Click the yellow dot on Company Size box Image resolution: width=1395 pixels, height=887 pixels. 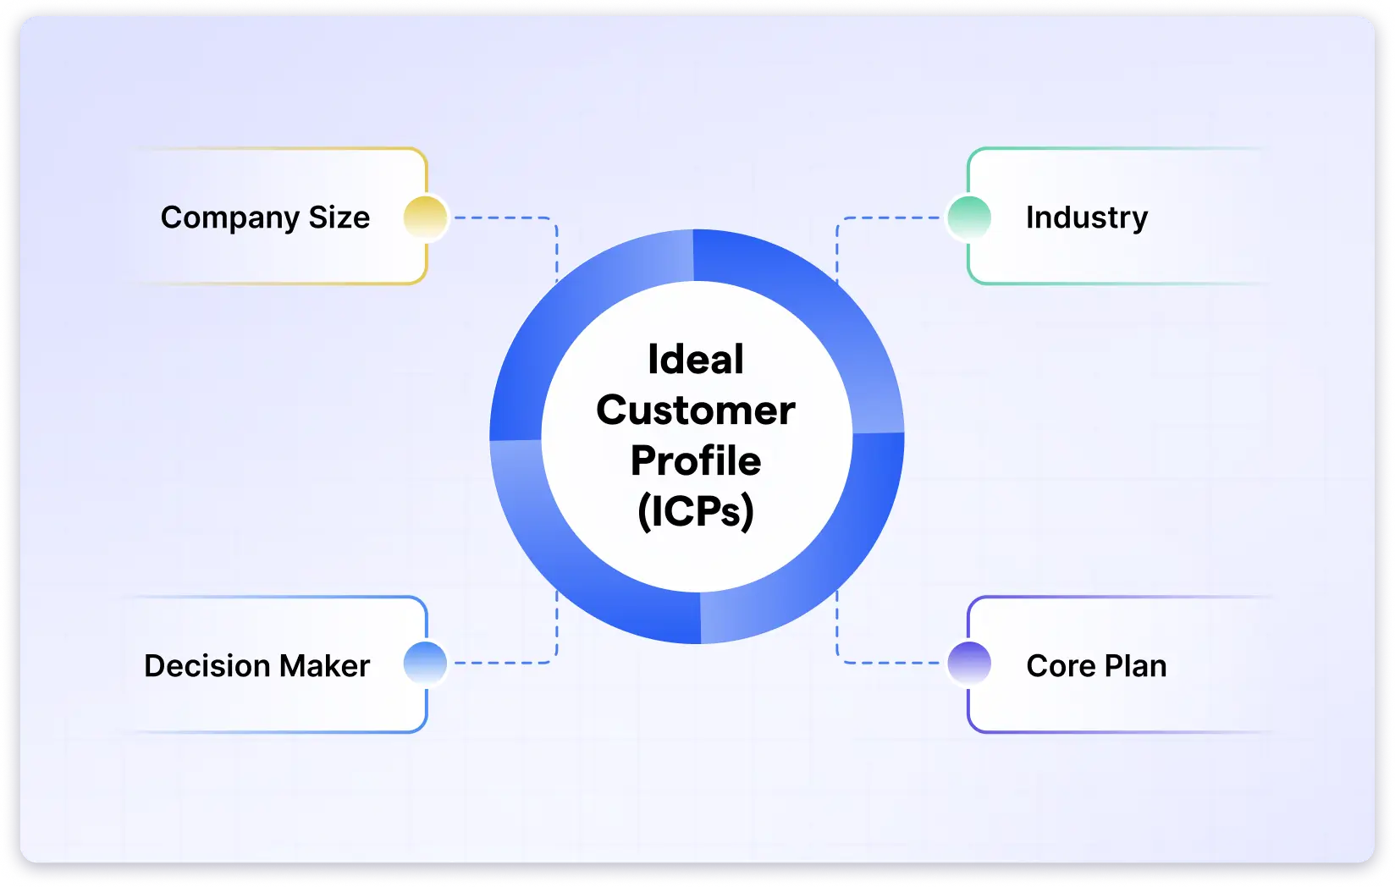(x=425, y=218)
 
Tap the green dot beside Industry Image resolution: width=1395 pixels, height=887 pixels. (x=969, y=218)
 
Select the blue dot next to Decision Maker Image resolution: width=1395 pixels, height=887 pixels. (x=425, y=663)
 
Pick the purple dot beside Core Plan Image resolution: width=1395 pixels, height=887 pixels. (x=969, y=663)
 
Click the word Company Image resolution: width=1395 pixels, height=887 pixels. (x=229, y=218)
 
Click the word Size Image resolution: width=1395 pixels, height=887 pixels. (x=339, y=218)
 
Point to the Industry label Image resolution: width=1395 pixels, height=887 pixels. (x=1087, y=218)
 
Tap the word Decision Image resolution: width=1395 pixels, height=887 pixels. (x=207, y=666)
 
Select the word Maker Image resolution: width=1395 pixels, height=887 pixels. (x=324, y=666)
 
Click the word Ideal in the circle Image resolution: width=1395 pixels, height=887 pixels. (x=696, y=360)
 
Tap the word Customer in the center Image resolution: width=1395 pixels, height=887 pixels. (x=696, y=410)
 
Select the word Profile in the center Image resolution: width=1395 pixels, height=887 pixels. (x=696, y=461)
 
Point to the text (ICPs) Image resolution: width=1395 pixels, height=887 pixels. (x=696, y=511)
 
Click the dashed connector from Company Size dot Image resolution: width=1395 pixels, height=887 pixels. (x=504, y=218)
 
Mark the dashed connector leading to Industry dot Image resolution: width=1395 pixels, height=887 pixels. (x=889, y=218)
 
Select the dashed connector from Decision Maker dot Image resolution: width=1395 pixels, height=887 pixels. (x=504, y=663)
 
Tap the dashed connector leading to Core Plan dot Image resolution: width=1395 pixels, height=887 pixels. (x=889, y=663)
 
